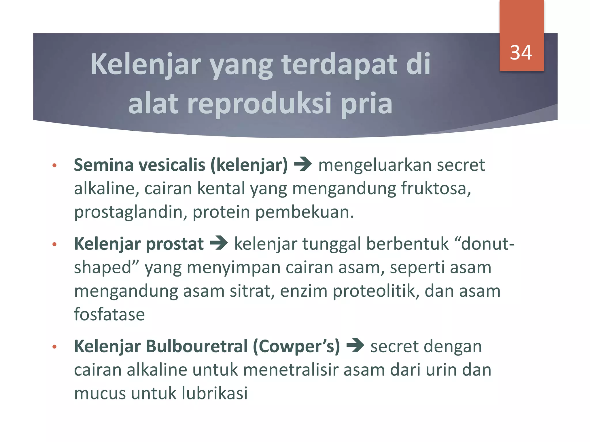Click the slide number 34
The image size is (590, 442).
(x=521, y=53)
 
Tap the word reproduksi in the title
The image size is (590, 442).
(x=261, y=103)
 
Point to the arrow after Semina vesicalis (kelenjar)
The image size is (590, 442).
(x=303, y=165)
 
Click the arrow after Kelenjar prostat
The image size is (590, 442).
(x=219, y=243)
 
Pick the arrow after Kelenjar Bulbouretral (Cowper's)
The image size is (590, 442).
(x=355, y=346)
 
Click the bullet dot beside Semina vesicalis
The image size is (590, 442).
(x=54, y=165)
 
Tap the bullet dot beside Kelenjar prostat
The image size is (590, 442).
(x=54, y=245)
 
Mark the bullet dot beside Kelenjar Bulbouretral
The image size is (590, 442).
(x=54, y=347)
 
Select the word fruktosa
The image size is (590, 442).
(x=436, y=188)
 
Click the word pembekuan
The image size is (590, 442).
(x=304, y=212)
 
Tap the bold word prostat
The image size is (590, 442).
(x=175, y=244)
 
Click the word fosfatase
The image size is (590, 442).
(x=109, y=314)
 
